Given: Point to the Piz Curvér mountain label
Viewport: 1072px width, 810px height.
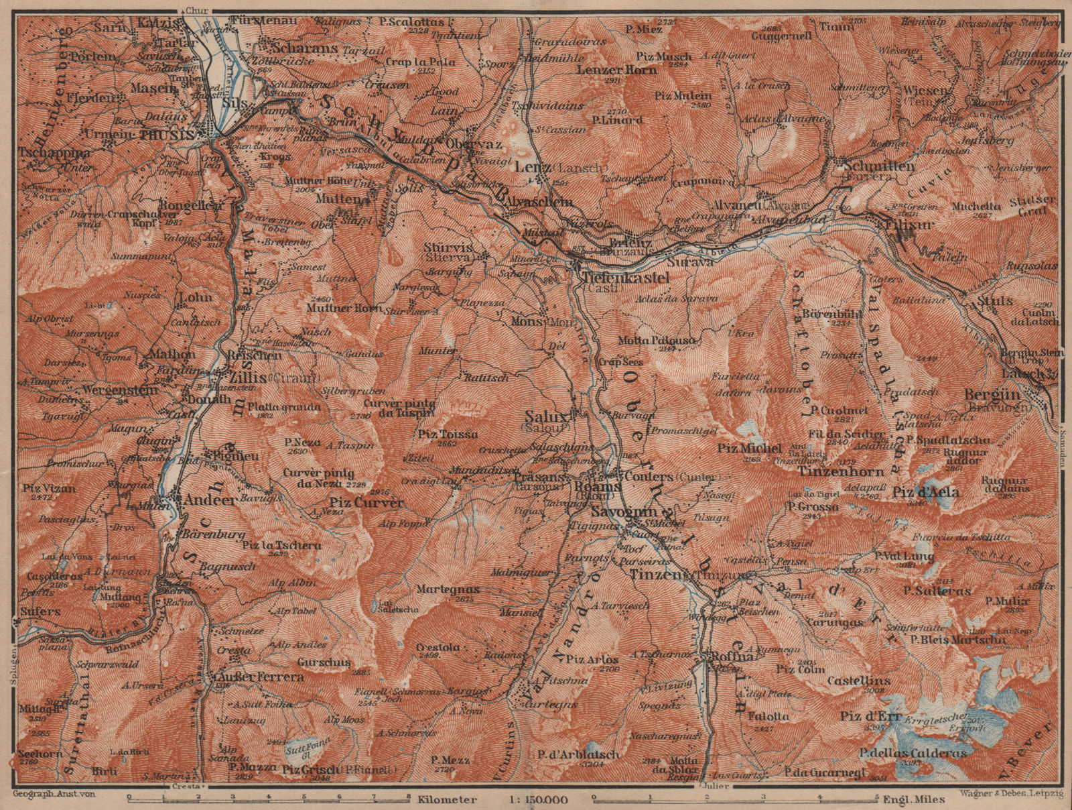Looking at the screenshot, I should click(x=366, y=502).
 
